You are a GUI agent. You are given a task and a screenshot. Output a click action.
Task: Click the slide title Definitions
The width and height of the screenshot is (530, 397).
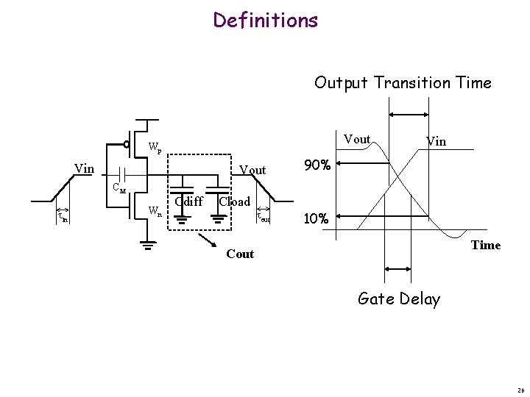coord(265,20)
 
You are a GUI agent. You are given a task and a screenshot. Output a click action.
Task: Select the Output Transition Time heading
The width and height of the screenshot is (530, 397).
coord(403,82)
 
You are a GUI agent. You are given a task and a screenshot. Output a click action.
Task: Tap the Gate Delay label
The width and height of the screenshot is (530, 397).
coord(398,298)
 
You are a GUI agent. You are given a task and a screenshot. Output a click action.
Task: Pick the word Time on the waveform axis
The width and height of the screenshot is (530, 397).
coord(485,245)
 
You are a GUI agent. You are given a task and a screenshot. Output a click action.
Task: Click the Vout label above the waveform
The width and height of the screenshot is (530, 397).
coord(357,139)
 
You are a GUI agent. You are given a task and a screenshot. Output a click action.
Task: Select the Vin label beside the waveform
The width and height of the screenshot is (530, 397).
coord(435,140)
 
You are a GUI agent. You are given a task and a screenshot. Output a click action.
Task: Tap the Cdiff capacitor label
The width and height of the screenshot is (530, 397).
coord(189,201)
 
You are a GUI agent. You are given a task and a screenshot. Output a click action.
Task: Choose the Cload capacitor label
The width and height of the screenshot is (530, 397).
coord(236,201)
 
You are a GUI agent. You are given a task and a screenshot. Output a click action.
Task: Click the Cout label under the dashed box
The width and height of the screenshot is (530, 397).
coord(240,254)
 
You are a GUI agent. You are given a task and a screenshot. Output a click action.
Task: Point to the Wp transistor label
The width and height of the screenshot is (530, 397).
coord(155,146)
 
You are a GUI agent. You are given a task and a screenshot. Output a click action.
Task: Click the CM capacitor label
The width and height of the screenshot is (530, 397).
coord(119,189)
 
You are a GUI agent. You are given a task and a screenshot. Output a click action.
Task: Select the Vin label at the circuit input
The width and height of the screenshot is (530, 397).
coord(85,169)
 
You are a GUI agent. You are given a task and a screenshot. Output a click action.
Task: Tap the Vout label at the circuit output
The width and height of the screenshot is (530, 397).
coord(252,170)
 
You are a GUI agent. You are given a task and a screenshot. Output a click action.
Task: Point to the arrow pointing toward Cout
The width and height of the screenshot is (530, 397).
coord(208,243)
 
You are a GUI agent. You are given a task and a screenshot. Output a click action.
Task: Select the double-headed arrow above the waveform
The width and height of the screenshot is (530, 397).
coord(408,114)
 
